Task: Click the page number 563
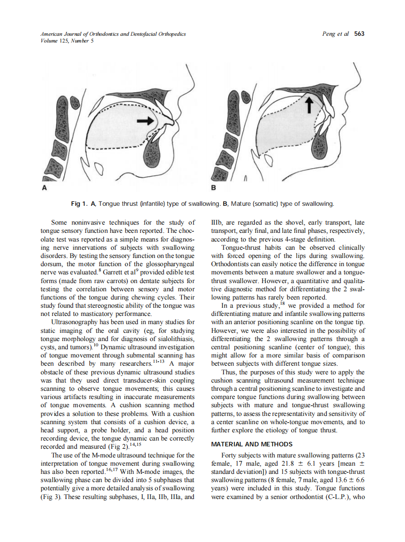[359, 34]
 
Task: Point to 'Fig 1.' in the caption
[80, 204]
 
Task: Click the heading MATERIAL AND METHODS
[252, 444]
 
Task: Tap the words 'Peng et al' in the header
[336, 34]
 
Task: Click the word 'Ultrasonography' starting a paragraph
[73, 321]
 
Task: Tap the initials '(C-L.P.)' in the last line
[339, 496]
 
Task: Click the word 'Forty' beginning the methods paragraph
[229, 455]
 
